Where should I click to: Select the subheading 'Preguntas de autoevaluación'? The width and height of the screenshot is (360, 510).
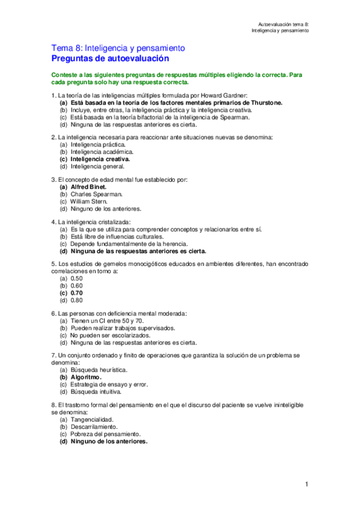[x=110, y=58]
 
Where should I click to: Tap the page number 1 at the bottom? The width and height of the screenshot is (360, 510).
[x=306, y=484]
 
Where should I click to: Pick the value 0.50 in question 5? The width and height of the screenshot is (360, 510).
[x=76, y=278]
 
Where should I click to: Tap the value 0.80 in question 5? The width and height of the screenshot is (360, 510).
[x=76, y=300]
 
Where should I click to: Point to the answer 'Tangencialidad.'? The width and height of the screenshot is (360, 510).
[x=92, y=419]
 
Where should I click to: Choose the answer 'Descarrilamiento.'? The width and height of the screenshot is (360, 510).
[x=95, y=426]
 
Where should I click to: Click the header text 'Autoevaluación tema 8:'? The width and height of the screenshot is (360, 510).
[x=282, y=23]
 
